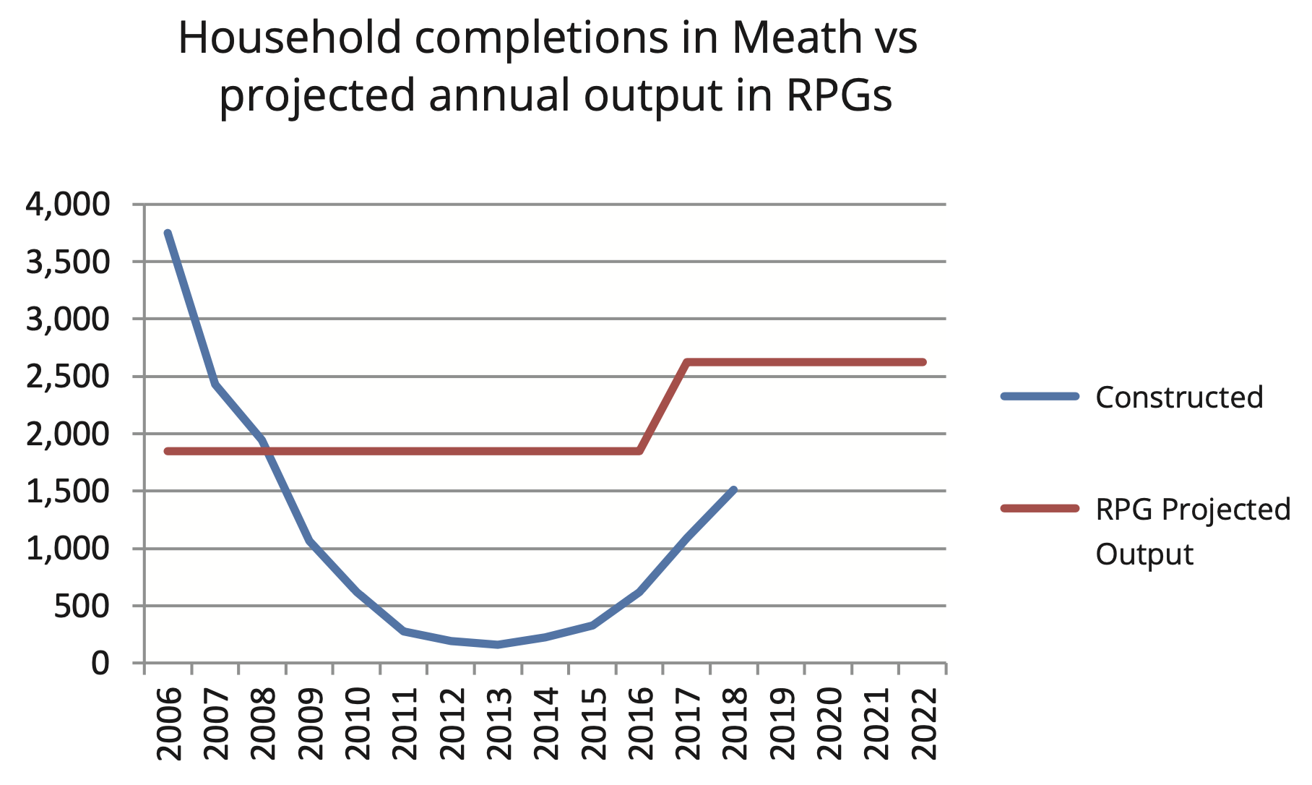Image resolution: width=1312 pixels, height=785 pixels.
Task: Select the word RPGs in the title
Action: click(x=839, y=95)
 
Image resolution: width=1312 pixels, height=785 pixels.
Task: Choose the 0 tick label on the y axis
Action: click(x=100, y=663)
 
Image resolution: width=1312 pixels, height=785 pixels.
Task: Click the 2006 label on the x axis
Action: click(x=169, y=724)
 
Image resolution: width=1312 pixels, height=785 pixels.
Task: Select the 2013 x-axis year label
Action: click(x=499, y=724)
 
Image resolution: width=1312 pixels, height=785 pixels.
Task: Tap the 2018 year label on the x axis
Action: click(x=735, y=724)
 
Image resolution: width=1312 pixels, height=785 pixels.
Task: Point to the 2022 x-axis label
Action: click(x=923, y=724)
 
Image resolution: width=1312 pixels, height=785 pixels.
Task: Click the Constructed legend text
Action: click(x=1179, y=397)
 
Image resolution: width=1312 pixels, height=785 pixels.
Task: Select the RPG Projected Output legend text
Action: click(x=1192, y=531)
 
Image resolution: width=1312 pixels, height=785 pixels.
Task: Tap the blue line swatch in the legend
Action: click(x=1040, y=396)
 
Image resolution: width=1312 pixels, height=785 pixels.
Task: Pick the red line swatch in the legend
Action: click(x=1040, y=509)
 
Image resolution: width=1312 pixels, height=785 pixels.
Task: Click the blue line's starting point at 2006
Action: click(x=168, y=233)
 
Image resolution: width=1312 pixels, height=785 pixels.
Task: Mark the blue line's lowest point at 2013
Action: click(x=498, y=644)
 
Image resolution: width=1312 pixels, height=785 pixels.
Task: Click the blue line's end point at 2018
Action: click(x=734, y=490)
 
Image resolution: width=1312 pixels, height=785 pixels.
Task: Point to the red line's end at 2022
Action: click(x=923, y=362)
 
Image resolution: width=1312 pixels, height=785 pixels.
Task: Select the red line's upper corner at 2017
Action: click(x=687, y=362)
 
